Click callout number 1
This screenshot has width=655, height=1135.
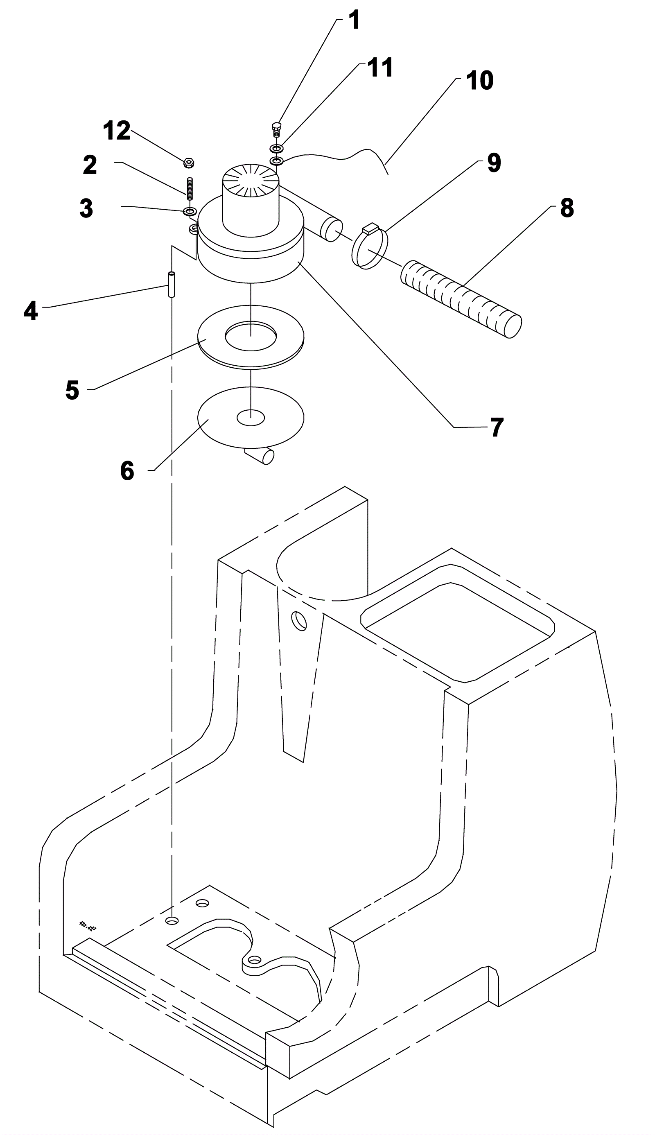[x=355, y=20]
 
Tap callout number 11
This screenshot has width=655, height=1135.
[x=380, y=68]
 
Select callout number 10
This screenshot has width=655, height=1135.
[x=479, y=81]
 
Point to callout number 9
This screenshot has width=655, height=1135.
[x=494, y=163]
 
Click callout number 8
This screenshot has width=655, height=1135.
[x=567, y=208]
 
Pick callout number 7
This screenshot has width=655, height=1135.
[x=497, y=427]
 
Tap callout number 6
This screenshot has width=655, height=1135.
[x=127, y=471]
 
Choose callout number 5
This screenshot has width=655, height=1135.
[x=72, y=390]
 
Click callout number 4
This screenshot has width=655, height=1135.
[x=31, y=311]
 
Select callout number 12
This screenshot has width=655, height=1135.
[x=117, y=131]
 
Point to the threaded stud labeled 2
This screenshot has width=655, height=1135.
[x=190, y=188]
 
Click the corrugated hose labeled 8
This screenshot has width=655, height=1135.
[x=461, y=299]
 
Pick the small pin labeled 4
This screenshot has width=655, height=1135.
[x=172, y=284]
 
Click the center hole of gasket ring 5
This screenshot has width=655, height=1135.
[x=251, y=336]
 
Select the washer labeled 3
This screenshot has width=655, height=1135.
[x=190, y=211]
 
